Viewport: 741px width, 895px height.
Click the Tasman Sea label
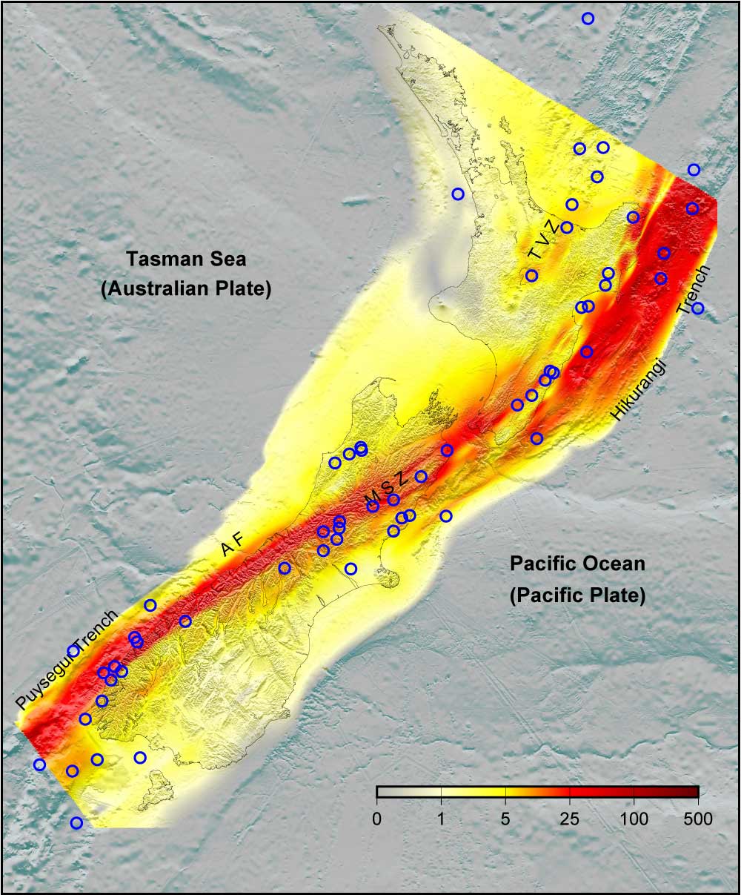tap(185, 260)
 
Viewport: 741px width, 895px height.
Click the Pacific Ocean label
tap(577, 564)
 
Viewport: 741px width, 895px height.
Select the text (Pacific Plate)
tap(577, 595)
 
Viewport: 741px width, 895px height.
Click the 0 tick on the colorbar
tap(377, 819)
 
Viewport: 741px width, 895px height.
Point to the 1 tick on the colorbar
tap(442, 819)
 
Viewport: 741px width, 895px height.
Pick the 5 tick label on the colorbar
tap(505, 819)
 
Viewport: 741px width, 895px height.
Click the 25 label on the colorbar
tap(569, 819)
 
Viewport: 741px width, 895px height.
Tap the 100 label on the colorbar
tap(634, 819)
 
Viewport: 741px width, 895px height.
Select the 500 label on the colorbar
tap(697, 819)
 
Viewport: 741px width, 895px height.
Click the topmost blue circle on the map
tap(588, 19)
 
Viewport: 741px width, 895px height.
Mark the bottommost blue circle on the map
tap(76, 822)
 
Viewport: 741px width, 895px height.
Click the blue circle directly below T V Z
tap(531, 276)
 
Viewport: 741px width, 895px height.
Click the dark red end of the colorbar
tap(693, 791)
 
